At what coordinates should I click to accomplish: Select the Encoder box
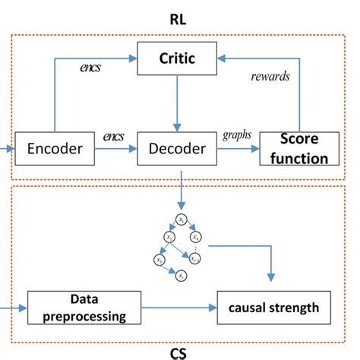(54, 148)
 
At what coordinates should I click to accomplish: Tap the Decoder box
(176, 148)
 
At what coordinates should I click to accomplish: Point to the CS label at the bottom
(179, 352)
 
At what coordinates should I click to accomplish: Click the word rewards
(270, 75)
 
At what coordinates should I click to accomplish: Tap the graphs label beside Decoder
(236, 136)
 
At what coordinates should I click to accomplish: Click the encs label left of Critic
(93, 68)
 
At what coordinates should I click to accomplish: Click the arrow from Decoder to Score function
(238, 149)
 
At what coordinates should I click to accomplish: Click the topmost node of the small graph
(181, 220)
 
